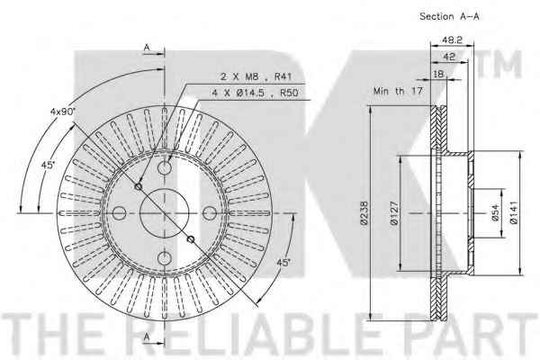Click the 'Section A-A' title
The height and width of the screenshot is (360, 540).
[449, 16]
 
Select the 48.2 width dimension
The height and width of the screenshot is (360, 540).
[452, 40]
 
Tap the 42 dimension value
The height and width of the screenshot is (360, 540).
[449, 57]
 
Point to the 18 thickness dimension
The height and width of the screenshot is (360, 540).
[439, 74]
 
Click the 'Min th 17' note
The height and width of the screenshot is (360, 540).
[398, 91]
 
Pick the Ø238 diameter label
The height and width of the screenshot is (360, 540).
[364, 213]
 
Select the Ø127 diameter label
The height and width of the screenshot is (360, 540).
[395, 213]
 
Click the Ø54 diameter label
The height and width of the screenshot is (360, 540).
[495, 213]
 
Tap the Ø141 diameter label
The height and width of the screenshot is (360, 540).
[514, 213]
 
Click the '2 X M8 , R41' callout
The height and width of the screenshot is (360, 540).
[256, 76]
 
